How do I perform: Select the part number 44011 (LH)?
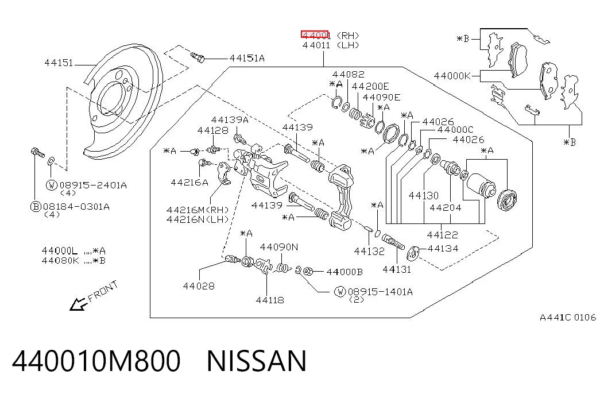click(331, 45)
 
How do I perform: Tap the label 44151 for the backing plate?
click(59, 63)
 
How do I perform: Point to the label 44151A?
click(247, 58)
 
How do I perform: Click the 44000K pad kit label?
click(452, 76)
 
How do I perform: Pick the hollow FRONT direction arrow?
click(78, 304)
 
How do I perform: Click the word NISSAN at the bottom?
click(257, 361)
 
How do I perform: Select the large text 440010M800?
click(96, 361)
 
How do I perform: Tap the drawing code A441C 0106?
click(568, 318)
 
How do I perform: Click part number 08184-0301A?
click(76, 207)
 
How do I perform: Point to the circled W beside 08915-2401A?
click(52, 186)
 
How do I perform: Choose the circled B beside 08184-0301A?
click(36, 207)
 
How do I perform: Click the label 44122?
click(442, 235)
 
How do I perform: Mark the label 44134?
click(443, 249)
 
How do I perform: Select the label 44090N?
click(279, 247)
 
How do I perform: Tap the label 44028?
click(199, 286)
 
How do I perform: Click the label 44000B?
click(344, 272)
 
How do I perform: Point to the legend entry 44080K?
click(60, 261)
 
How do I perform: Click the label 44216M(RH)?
click(198, 210)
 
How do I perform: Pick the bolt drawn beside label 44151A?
click(198, 57)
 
